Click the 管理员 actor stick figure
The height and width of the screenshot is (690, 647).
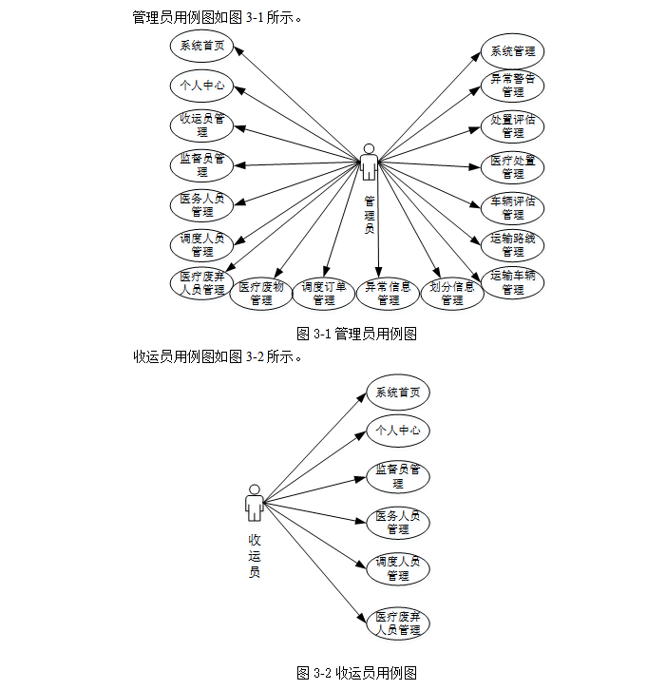point(369,163)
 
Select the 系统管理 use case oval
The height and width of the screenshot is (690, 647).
point(513,51)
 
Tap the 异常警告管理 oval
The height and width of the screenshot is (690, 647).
point(513,86)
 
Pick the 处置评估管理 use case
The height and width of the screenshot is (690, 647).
point(513,126)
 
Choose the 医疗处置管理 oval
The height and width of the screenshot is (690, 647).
point(513,167)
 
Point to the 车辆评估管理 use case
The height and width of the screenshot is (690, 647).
point(513,208)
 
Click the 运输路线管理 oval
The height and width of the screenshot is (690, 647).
point(513,245)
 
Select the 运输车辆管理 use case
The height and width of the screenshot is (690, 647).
point(513,282)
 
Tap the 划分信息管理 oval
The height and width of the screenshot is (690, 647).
point(452,293)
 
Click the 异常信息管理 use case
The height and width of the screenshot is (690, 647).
point(388,293)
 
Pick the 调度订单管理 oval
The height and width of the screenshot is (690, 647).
point(324,293)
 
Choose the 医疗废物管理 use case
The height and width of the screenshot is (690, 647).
point(260,293)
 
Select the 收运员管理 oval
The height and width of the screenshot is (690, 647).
point(202,125)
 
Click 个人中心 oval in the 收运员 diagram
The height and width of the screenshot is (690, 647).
point(398,431)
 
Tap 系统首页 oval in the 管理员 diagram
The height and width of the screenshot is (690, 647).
point(202,45)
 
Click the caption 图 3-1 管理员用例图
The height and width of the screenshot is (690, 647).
point(357,334)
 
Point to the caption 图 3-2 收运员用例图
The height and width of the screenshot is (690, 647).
point(357,673)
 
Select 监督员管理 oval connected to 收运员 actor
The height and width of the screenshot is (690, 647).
point(398,476)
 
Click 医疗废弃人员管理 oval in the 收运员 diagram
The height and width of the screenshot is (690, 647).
point(398,623)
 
